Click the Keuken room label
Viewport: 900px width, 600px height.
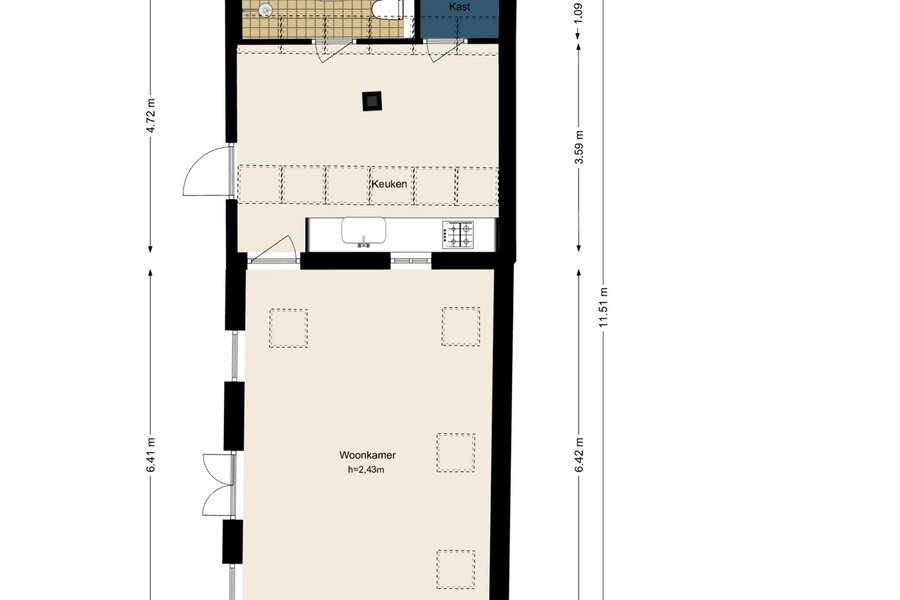click(x=389, y=184)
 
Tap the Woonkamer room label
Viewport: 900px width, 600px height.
click(x=367, y=455)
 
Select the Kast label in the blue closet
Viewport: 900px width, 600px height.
click(x=459, y=7)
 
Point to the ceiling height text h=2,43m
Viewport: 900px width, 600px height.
click(x=366, y=470)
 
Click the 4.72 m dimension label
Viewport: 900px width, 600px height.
click(x=151, y=115)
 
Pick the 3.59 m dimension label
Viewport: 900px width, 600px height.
click(x=579, y=147)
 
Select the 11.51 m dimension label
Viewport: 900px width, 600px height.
click(x=603, y=307)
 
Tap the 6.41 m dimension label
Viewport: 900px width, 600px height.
click(x=151, y=455)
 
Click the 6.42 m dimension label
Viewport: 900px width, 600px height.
click(x=579, y=455)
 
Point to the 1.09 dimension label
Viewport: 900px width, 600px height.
click(x=579, y=13)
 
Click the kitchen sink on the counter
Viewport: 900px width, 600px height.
click(x=363, y=232)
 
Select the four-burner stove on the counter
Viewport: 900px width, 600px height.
click(x=458, y=235)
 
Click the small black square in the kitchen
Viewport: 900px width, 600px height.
click(x=373, y=101)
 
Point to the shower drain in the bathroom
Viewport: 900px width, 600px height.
click(x=265, y=9)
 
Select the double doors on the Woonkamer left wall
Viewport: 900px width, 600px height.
click(x=219, y=484)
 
